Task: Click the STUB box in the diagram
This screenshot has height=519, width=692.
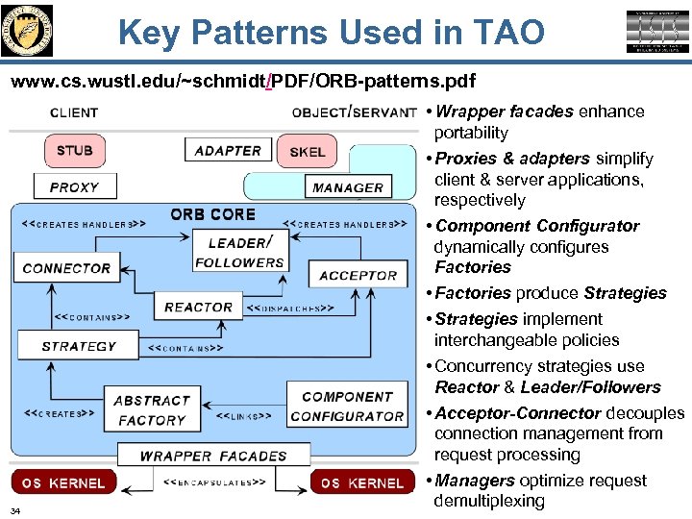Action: pos(74,150)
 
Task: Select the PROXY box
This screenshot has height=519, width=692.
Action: pos(74,186)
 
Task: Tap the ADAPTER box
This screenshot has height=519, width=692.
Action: pos(228,150)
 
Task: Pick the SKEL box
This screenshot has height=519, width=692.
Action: pos(307,151)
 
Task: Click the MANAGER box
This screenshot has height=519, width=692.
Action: pos(347,186)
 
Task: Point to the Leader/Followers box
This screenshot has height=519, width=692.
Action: pos(239,252)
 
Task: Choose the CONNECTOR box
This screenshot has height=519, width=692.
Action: pos(66,268)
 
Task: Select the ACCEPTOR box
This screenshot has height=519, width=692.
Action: pos(358,275)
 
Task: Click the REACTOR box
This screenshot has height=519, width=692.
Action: pos(198,307)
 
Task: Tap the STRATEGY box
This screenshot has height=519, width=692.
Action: pos(79,346)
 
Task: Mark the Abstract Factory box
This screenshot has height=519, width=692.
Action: pos(151,410)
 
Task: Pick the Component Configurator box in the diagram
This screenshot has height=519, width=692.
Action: pos(347,406)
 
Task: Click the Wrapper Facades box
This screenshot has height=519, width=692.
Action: pos(213,456)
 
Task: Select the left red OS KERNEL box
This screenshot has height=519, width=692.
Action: pos(63,482)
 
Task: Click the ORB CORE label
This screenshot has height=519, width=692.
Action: pos(212,214)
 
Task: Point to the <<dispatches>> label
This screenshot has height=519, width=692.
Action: pos(290,309)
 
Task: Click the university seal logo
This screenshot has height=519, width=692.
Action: pos(29,30)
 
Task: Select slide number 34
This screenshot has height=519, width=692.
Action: pos(15,509)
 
